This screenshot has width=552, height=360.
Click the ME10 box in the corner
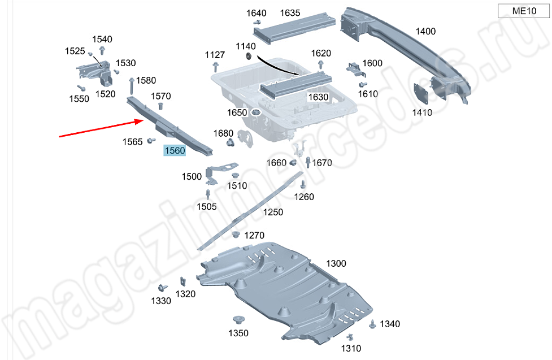click(524, 11)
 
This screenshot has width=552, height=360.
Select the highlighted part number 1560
click(175, 151)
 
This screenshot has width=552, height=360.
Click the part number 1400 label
click(425, 31)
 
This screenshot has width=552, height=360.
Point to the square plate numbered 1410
click(421, 94)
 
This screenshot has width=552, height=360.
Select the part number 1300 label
click(336, 263)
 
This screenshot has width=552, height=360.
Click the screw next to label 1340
click(372, 324)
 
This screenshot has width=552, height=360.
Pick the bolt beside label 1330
click(162, 288)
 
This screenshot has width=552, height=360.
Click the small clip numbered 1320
click(183, 281)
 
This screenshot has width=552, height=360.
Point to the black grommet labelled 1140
click(249, 55)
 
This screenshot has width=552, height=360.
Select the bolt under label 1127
click(215, 66)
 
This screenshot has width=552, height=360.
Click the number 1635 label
click(290, 13)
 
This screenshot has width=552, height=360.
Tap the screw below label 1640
click(257, 22)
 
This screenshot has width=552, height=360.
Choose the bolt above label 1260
click(303, 185)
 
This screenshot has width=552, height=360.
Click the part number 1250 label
click(273, 212)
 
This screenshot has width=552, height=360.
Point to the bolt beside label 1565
click(151, 140)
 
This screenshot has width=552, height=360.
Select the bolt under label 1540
click(102, 50)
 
